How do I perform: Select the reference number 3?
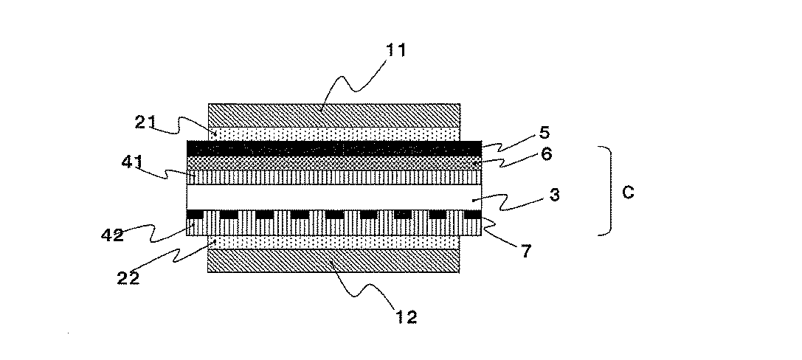point(554,195)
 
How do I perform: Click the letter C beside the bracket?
point(628,193)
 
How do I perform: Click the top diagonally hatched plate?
point(334,115)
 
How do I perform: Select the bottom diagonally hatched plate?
point(334,261)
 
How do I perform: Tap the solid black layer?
point(334,148)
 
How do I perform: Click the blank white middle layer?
point(334,197)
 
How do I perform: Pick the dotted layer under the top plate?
point(334,134)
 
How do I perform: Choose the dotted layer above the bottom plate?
point(334,243)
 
